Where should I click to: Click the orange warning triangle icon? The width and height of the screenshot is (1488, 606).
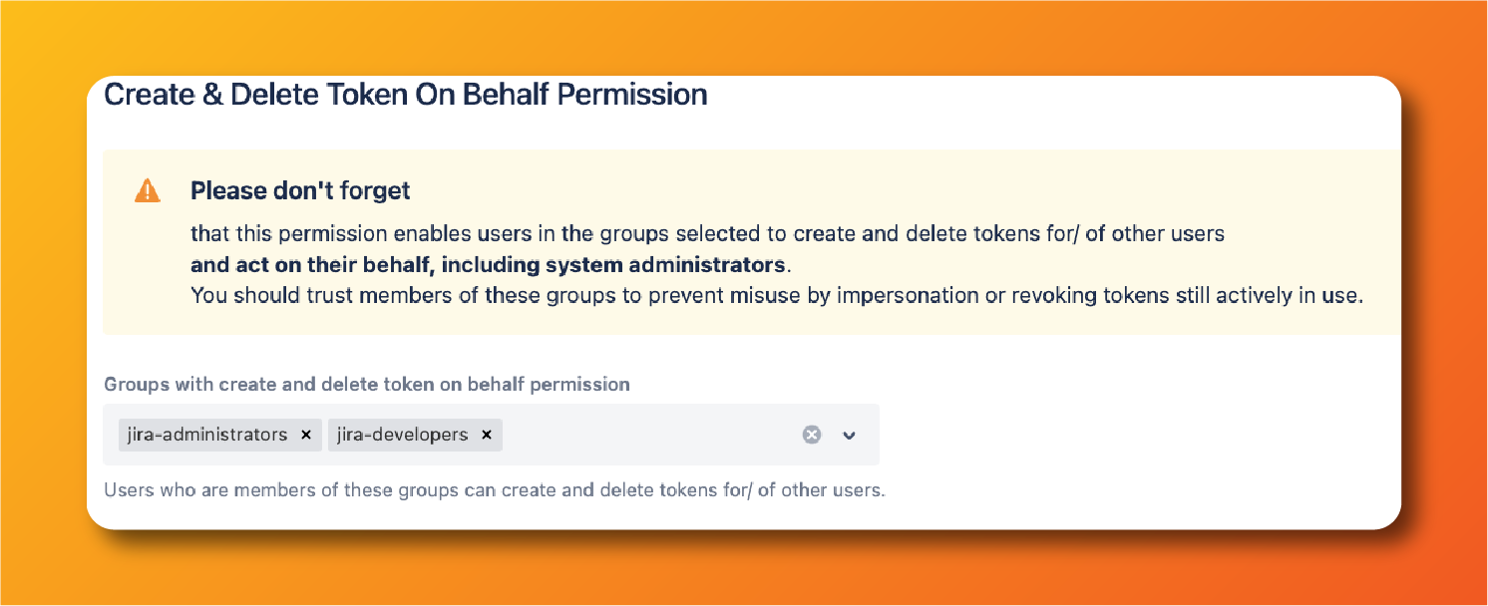coord(147,190)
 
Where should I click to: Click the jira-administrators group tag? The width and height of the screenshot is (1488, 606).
coord(207,435)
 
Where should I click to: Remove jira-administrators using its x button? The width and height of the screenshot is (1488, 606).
coord(306,435)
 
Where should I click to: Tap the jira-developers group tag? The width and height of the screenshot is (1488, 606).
coord(402,435)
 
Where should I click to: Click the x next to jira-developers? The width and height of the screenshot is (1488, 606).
coord(487,435)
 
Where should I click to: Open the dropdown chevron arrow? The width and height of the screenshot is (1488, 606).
coord(850,435)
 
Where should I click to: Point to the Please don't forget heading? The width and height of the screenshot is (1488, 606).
coord(300,190)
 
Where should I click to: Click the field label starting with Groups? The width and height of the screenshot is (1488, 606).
coord(366,384)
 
